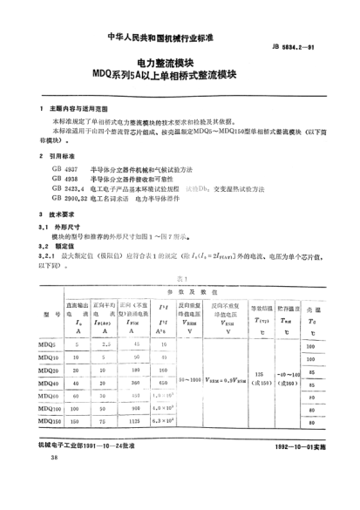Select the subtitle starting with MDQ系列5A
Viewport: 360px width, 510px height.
point(181,76)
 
